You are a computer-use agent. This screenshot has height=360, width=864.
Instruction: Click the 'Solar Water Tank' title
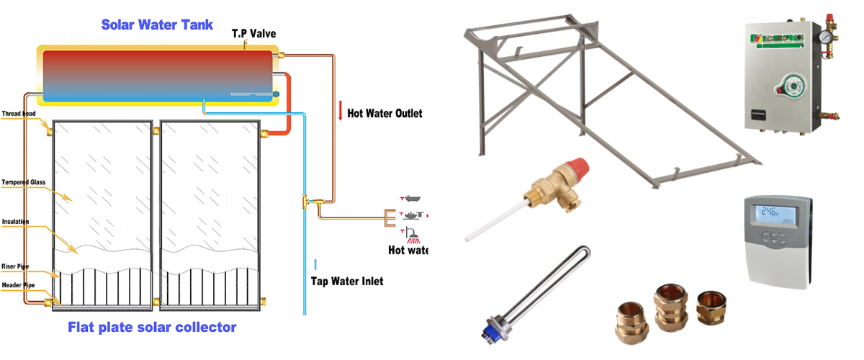(x=157, y=24)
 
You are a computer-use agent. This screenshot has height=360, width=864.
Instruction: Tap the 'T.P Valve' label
(x=253, y=34)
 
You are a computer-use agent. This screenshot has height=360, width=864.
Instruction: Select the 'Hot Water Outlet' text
(x=384, y=113)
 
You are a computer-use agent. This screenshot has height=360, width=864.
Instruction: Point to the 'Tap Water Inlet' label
(x=347, y=281)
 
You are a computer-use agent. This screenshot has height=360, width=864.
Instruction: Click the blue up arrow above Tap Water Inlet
(x=315, y=263)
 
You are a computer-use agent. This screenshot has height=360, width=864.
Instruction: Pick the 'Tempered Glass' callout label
(x=24, y=182)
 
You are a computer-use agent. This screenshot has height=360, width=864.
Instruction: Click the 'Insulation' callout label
(x=16, y=221)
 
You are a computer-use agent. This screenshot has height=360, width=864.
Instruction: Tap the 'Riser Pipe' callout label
(x=17, y=266)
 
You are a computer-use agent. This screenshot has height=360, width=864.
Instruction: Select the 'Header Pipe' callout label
(x=19, y=285)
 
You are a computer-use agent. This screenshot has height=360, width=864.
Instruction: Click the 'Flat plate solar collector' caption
(x=152, y=328)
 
